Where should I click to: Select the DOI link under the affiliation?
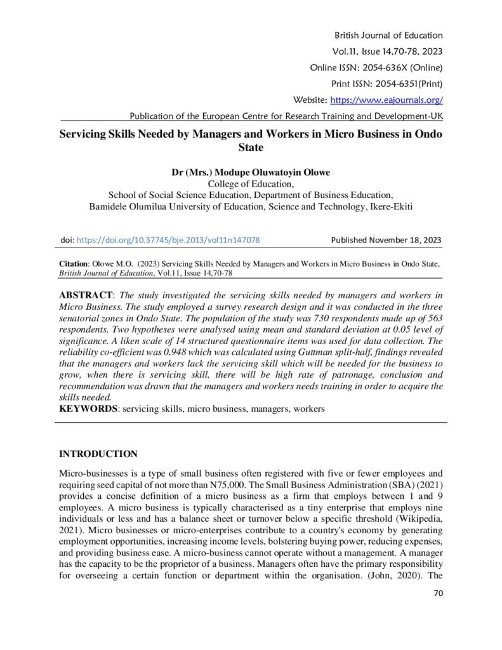click(x=168, y=241)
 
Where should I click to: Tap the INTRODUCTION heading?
click(x=98, y=454)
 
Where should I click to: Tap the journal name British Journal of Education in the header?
click(x=387, y=36)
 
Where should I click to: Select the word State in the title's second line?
click(x=250, y=148)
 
